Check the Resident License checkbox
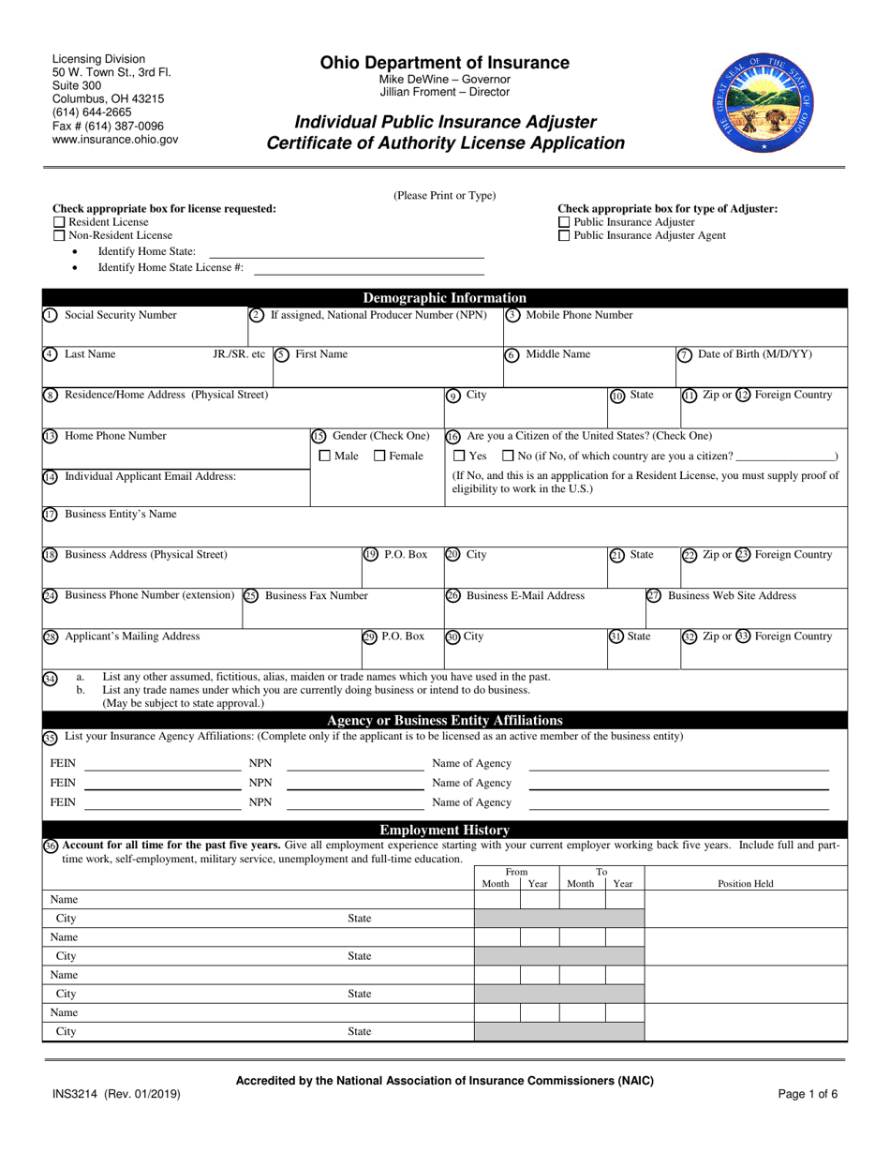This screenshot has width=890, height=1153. point(59,222)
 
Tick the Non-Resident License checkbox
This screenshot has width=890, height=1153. point(59,235)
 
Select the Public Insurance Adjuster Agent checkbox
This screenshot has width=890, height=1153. point(563,235)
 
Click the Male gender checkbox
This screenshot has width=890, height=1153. point(325,456)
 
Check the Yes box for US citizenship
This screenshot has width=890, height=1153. point(459,456)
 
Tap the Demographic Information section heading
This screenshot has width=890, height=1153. point(444,298)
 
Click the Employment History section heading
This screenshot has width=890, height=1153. point(444,830)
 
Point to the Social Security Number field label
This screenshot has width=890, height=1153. point(120,315)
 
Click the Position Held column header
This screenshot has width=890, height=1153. point(746,883)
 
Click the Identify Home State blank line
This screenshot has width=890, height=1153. point(346,252)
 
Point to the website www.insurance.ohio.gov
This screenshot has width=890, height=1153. point(115,139)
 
